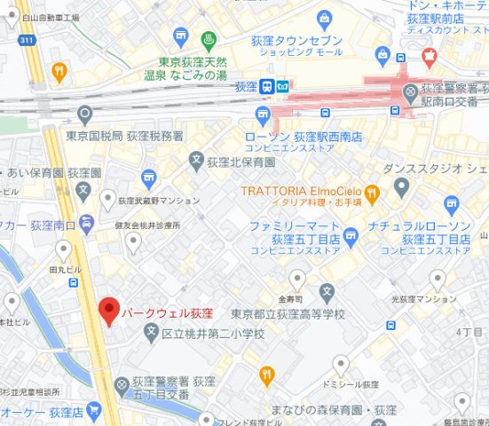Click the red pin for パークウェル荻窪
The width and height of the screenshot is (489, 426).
point(108,310)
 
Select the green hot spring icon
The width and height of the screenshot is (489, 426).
point(209,40)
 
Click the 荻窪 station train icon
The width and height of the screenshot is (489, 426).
point(265,87)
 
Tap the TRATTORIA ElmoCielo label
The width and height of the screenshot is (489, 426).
point(302,191)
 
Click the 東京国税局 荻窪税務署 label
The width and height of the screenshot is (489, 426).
point(125,136)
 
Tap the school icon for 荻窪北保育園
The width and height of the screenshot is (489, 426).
point(197,161)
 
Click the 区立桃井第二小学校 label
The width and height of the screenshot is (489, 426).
point(213,334)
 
